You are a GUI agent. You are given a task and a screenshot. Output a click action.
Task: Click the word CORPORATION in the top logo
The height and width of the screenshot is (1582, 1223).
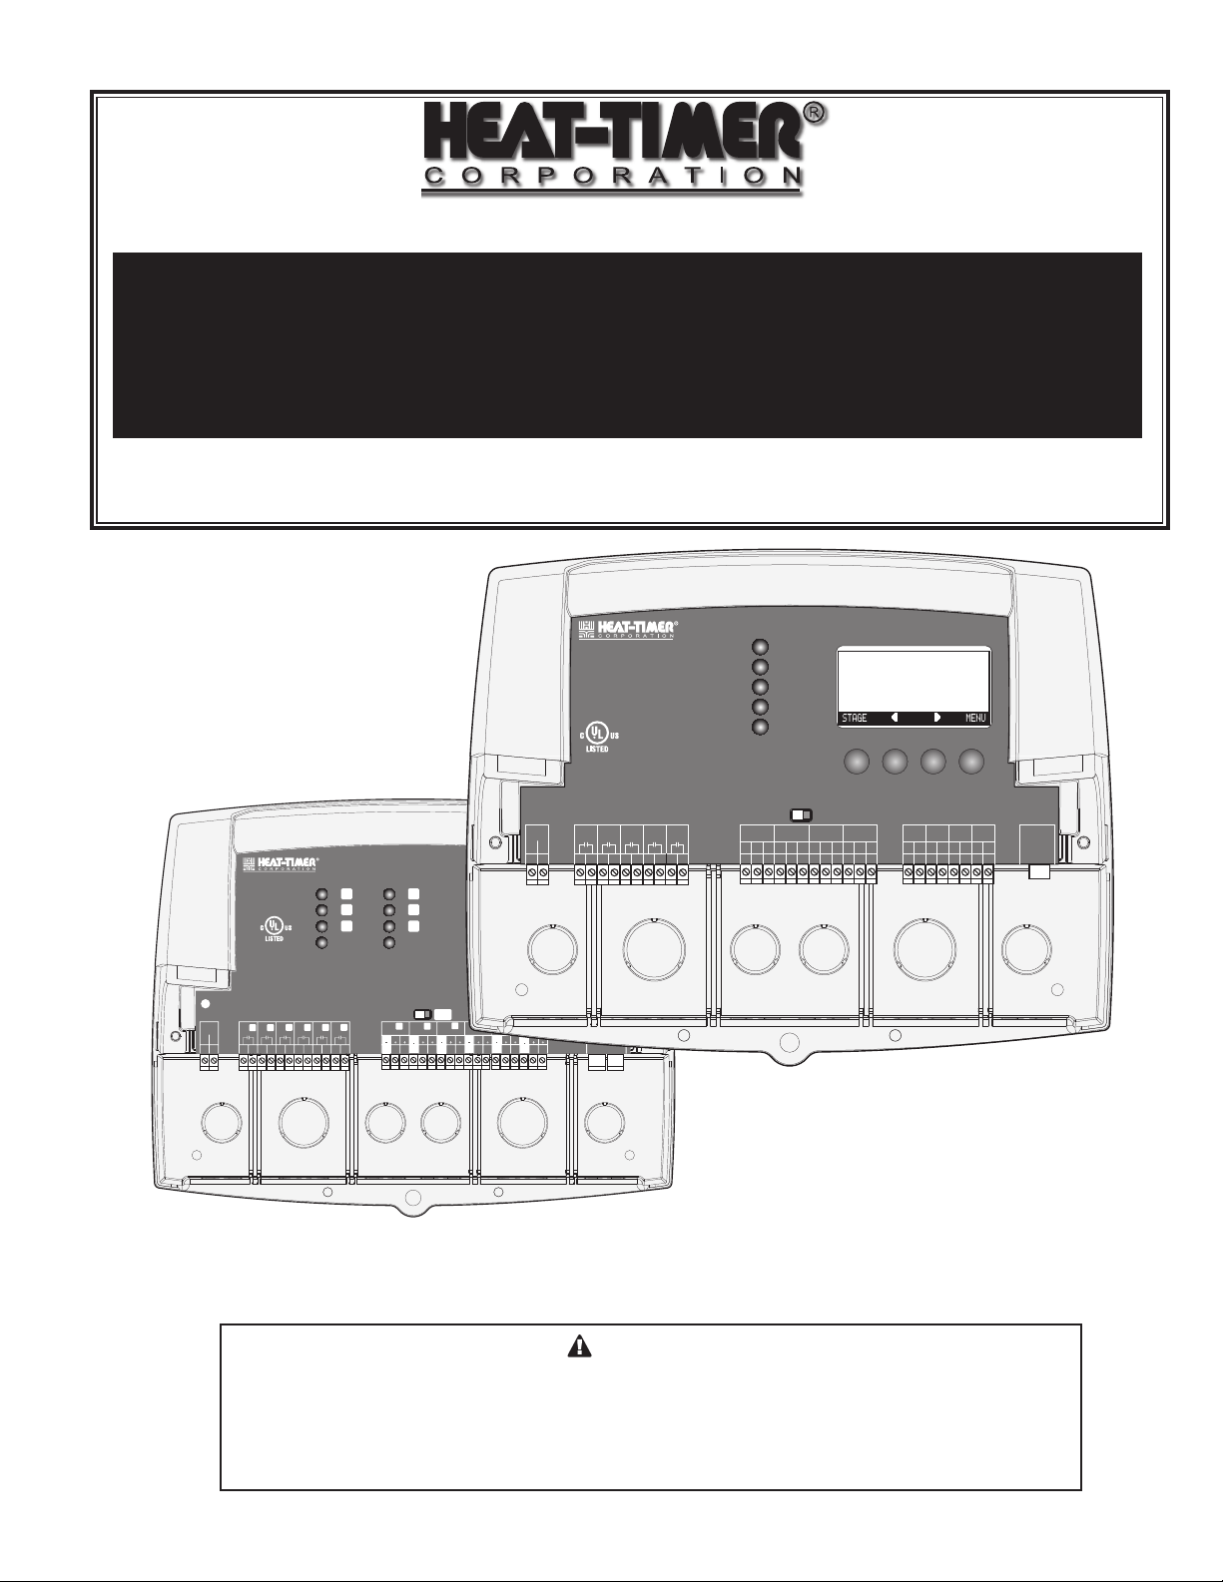click(611, 176)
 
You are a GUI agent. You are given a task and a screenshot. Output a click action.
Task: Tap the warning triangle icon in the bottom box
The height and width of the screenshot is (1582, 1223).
click(579, 1346)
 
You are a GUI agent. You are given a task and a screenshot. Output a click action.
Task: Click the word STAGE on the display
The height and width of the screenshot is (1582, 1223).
click(855, 718)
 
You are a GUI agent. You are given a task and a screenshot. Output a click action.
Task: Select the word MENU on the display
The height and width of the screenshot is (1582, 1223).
click(974, 718)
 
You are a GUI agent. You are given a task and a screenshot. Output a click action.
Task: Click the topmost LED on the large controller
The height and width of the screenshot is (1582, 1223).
click(761, 646)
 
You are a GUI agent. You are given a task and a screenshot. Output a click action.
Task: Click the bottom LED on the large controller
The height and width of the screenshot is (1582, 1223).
click(761, 727)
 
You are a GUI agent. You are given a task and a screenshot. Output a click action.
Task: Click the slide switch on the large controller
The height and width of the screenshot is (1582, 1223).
click(802, 814)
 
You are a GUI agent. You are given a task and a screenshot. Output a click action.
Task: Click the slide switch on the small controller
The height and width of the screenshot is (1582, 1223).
click(422, 1016)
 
